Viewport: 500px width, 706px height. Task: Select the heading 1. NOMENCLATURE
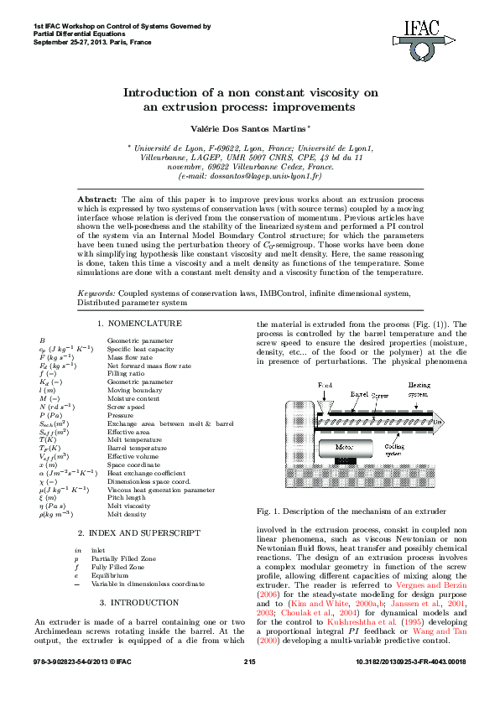(138, 323)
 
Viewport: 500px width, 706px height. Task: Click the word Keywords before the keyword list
(96, 293)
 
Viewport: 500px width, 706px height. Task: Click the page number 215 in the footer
(249, 686)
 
